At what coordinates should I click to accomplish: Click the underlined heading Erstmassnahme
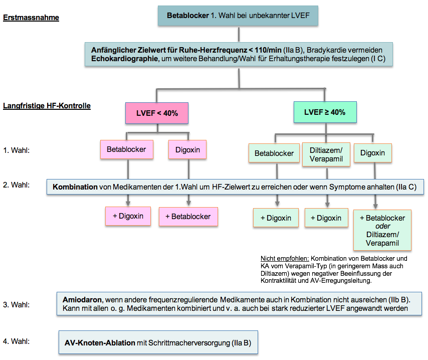tap(31, 18)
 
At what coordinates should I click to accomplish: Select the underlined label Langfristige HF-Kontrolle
tap(47, 106)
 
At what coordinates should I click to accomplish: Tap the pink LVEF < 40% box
tap(157, 113)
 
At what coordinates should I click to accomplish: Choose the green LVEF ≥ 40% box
tap(325, 112)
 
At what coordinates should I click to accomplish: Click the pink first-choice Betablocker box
tap(127, 149)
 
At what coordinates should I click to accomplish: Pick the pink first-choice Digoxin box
tap(187, 150)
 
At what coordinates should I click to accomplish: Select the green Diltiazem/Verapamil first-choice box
tap(326, 154)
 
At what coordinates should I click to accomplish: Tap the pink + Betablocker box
tap(188, 217)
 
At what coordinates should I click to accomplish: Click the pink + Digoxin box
tap(128, 216)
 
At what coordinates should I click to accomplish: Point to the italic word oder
tap(383, 226)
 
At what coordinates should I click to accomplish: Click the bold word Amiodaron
tap(82, 300)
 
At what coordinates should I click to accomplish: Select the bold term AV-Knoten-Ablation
tap(100, 343)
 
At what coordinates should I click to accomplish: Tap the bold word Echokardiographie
tap(124, 59)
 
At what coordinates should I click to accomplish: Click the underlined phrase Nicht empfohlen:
tap(285, 258)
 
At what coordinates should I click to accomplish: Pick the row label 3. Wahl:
tap(17, 304)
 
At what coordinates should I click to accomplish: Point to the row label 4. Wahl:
tap(17, 341)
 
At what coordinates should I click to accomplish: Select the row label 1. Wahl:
tap(17, 150)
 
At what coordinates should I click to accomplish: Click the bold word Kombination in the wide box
tap(75, 187)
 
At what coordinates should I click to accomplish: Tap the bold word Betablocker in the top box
tap(188, 16)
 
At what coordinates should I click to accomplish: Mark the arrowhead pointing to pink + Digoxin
tap(128, 203)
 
